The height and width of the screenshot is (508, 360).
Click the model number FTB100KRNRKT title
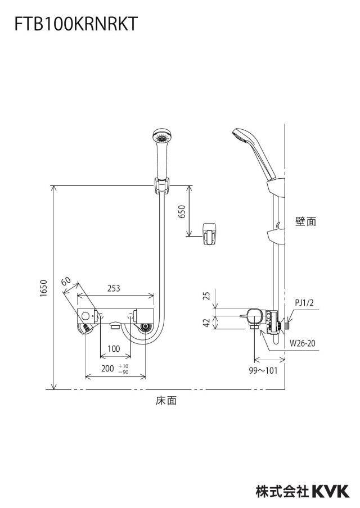[76, 24]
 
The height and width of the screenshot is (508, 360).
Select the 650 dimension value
[182, 211]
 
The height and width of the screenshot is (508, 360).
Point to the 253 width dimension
[114, 288]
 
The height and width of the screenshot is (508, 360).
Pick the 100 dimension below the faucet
[114, 349]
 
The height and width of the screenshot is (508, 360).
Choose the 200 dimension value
[107, 369]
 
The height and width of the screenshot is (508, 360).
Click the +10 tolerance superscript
[124, 366]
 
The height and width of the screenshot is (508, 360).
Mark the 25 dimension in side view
[206, 296]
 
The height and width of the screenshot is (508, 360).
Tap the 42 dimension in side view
[206, 323]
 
